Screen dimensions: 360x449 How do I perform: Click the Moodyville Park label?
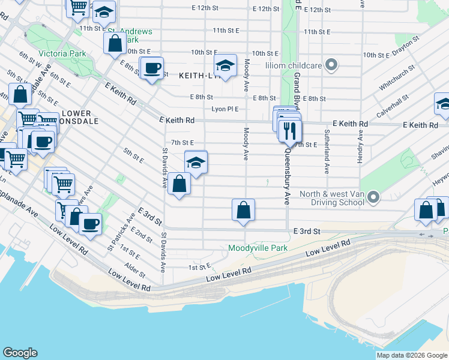[x=258, y=248]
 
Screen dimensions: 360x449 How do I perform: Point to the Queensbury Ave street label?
[x=288, y=173]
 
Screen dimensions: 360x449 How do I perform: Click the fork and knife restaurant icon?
[x=290, y=130]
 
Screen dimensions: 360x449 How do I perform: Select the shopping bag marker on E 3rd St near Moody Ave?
[x=243, y=211]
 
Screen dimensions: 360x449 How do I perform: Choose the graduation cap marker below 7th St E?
[x=196, y=162]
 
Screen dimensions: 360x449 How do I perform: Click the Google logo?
[x=20, y=353]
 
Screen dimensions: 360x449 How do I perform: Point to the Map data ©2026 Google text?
[x=412, y=355]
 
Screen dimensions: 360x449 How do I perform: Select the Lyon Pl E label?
[x=225, y=109]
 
